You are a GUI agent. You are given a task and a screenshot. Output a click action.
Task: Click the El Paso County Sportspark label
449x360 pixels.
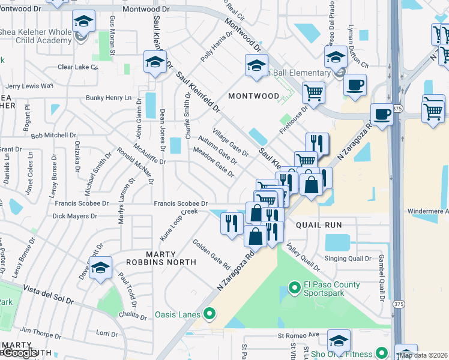click(x=331, y=289)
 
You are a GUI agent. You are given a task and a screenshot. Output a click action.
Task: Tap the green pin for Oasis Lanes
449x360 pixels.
click(x=209, y=313)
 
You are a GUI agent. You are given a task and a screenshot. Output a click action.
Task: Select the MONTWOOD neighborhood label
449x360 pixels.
click(x=253, y=96)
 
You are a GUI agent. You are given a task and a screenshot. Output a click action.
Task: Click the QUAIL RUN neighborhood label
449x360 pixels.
click(x=318, y=225)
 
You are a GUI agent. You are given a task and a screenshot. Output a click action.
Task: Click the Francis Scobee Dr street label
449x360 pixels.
click(x=180, y=204)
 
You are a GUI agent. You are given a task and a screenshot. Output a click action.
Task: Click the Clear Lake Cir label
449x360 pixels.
click(x=77, y=67)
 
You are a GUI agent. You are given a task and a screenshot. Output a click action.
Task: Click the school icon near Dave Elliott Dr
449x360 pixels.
click(x=101, y=268)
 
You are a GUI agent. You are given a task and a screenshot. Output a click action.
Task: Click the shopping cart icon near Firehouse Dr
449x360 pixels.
click(x=313, y=92)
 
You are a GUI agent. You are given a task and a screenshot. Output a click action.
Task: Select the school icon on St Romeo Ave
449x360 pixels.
click(x=339, y=340)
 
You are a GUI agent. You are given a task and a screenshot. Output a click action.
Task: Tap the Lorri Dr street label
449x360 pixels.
click(x=107, y=333)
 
